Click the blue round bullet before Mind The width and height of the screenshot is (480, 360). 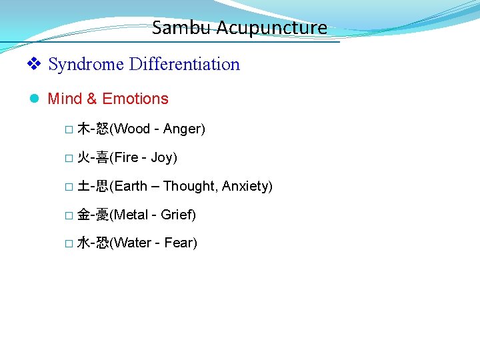(x=35, y=99)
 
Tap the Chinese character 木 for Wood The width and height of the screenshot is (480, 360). (x=83, y=129)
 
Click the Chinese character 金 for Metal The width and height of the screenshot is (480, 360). (x=83, y=215)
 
